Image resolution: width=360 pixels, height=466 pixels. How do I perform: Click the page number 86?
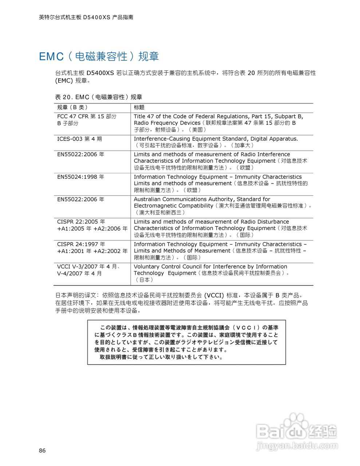click(x=42, y=451)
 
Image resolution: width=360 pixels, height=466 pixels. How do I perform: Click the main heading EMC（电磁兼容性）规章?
click(x=99, y=56)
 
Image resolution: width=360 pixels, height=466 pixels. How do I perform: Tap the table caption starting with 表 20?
click(x=98, y=97)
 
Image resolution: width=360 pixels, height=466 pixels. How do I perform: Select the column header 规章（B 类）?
click(x=72, y=107)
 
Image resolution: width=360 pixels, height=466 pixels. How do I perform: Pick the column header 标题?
click(x=139, y=107)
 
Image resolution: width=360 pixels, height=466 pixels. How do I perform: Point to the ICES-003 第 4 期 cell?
click(x=79, y=139)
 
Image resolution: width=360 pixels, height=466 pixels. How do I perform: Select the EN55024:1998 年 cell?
click(x=80, y=177)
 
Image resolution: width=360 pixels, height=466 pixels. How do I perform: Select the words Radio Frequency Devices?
click(x=167, y=123)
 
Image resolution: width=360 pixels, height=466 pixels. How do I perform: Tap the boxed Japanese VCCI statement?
click(x=186, y=342)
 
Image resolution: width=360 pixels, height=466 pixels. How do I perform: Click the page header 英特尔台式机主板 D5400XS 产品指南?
click(x=86, y=17)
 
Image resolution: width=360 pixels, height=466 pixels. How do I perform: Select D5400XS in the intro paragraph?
click(x=100, y=73)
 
